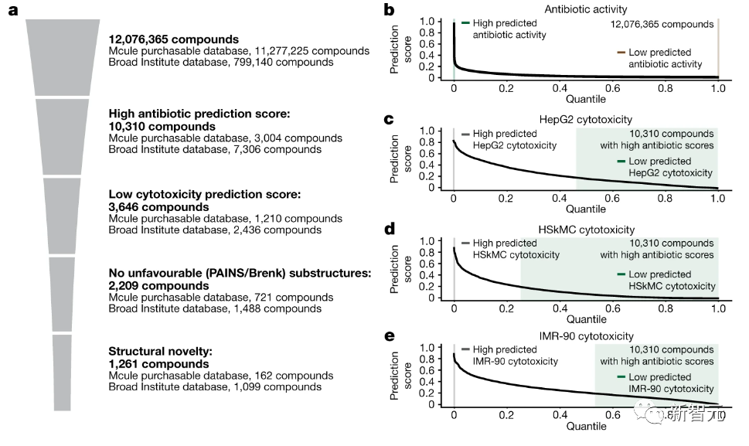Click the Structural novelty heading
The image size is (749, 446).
159,352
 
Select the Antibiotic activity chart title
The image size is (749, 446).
585,9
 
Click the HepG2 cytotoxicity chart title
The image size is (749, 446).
585,119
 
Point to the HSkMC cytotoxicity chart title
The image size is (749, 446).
585,230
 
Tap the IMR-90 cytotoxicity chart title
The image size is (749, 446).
585,336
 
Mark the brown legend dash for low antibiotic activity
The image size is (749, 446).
621,53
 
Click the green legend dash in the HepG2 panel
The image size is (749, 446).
621,161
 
